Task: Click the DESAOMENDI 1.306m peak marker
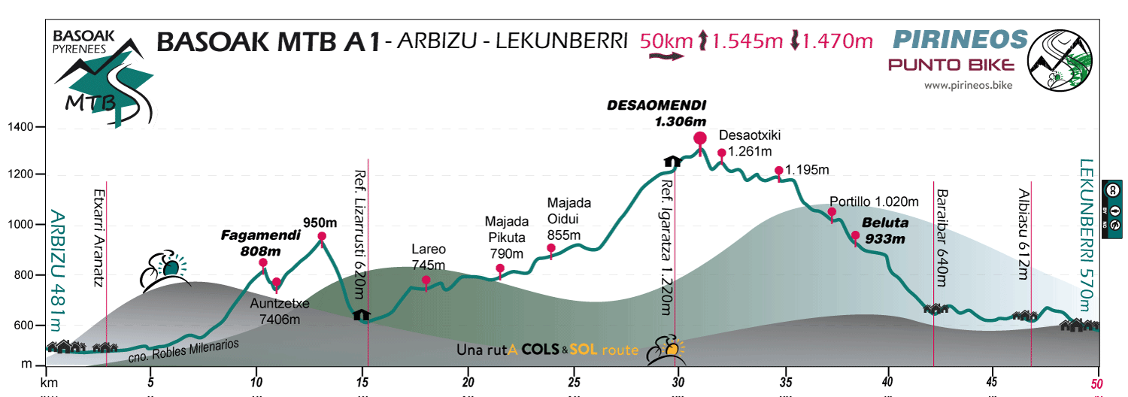pos(700,138)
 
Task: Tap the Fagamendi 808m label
pos(260,243)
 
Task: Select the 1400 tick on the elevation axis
pos(22,127)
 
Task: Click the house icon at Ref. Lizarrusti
pos(362,314)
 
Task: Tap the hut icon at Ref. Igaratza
pos(672,160)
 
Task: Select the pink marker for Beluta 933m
pos(855,238)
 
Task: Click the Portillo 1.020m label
pos(875,202)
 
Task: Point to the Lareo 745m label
pos(429,256)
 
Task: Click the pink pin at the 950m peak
pos(322,237)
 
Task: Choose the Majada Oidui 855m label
pos(569,219)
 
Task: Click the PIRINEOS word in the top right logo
pos(960,39)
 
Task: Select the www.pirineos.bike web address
pos(968,86)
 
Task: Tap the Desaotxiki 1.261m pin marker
pos(722,153)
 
